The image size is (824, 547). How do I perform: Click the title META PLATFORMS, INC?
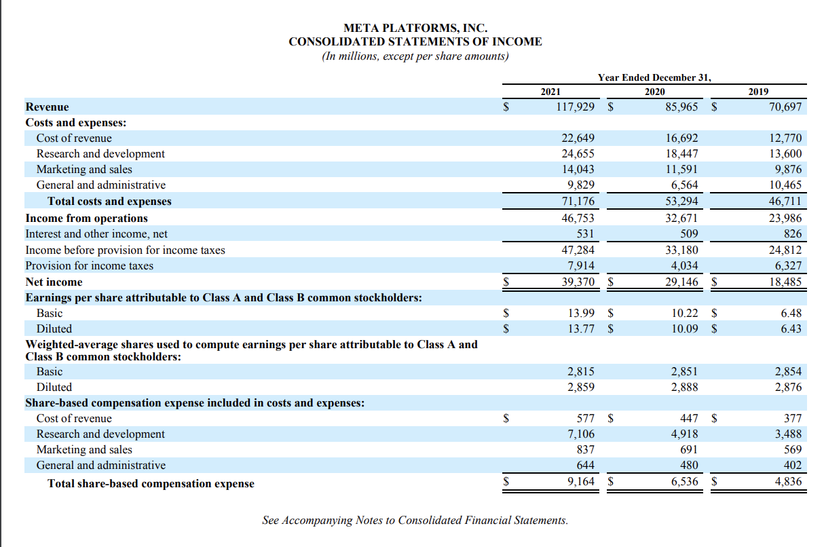[x=415, y=28]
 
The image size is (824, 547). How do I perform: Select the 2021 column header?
[x=550, y=92]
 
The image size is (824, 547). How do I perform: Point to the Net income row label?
[x=54, y=282]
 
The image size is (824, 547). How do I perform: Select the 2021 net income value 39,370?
[x=577, y=282]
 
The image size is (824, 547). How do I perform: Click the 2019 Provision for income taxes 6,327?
[x=787, y=265]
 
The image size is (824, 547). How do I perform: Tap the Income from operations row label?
[x=86, y=218]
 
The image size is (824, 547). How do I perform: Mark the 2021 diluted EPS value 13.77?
[x=581, y=329]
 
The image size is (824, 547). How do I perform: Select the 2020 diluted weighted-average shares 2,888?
[x=684, y=387]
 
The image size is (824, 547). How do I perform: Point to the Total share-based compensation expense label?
[x=151, y=483]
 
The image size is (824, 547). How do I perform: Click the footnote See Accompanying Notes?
[x=415, y=521]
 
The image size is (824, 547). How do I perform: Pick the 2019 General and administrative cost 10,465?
[x=787, y=185]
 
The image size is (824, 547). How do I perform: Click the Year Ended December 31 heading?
[x=654, y=77]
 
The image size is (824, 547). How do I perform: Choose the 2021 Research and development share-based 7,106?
[x=581, y=434]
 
